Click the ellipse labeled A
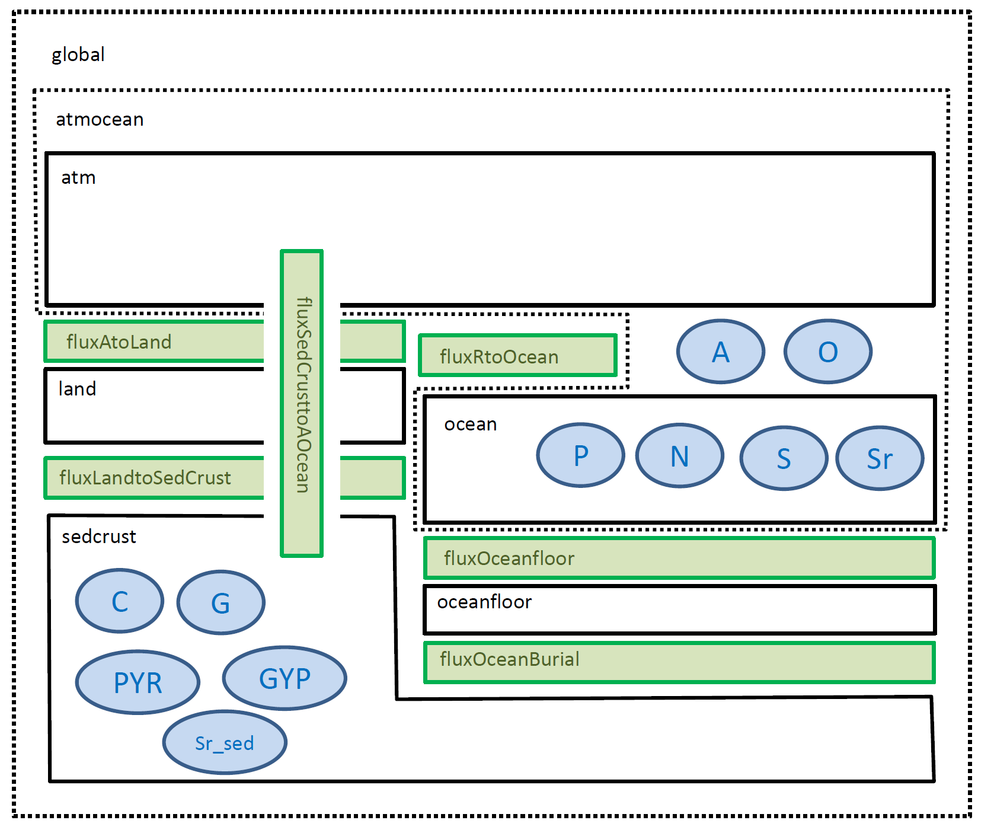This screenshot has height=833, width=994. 721,352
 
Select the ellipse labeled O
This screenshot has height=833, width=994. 828,352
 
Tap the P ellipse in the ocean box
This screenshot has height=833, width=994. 581,455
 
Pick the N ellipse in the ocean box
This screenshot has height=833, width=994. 680,456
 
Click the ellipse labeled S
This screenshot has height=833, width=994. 784,458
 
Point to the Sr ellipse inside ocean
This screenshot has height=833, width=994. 880,458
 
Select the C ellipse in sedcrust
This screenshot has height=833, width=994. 120,601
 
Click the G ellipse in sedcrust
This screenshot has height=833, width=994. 220,603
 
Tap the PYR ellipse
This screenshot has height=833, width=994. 138,682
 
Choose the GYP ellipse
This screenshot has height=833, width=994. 285,678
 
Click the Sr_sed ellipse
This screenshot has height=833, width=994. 225,742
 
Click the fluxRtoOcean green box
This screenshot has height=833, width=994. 518,356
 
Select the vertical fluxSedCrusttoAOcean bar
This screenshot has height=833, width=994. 302,403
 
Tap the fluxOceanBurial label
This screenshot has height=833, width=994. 509,659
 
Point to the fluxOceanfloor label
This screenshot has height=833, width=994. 509,558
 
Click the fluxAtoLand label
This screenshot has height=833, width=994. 119,342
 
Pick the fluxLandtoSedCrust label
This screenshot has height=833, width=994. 145,477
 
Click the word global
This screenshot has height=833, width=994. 78,55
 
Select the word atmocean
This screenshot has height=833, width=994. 100,120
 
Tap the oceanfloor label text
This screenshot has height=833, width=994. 484,602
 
